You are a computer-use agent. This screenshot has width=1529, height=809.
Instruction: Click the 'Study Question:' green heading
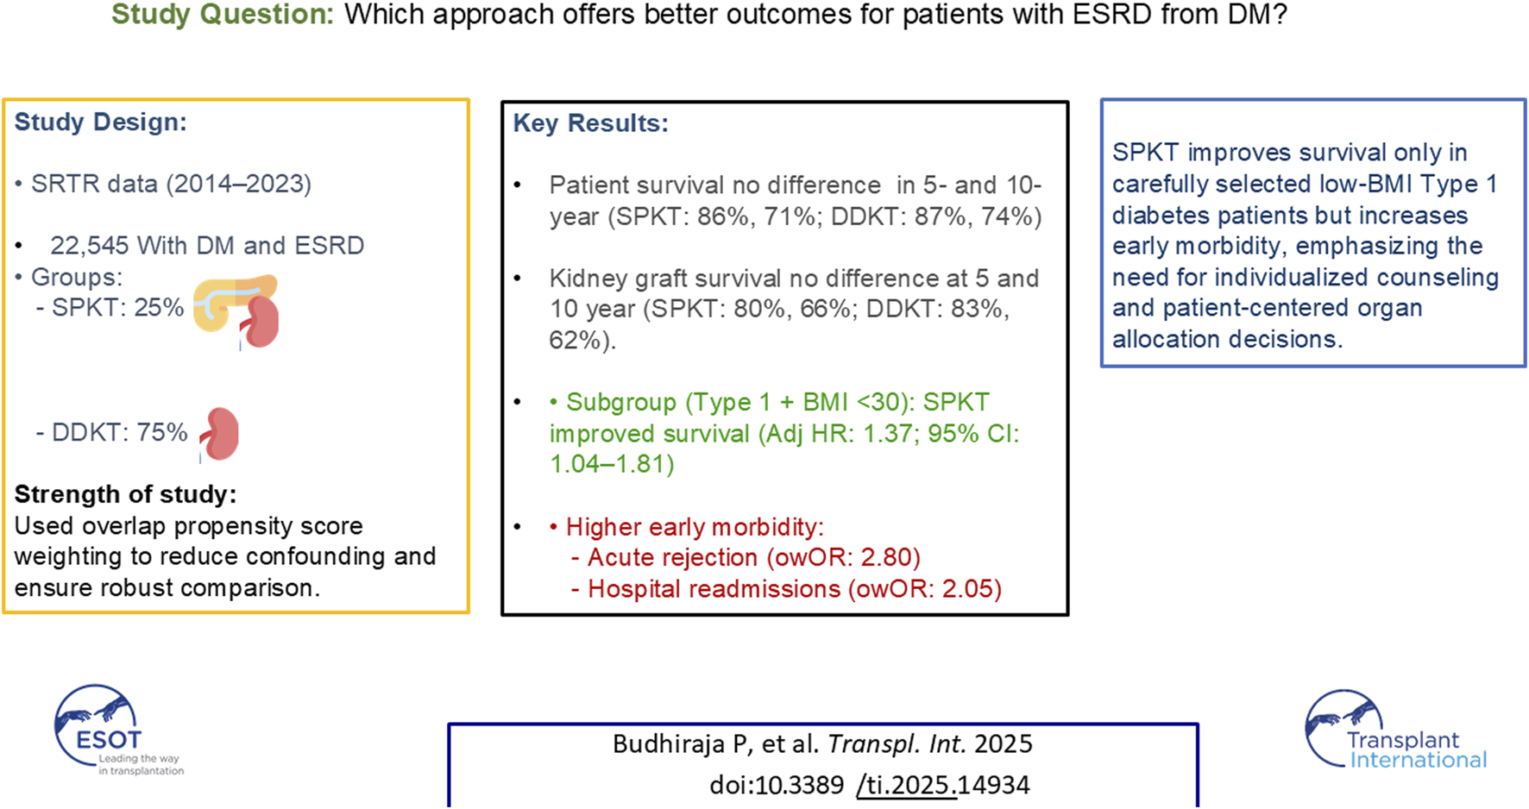click(222, 15)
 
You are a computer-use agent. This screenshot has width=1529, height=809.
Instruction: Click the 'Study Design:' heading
click(100, 122)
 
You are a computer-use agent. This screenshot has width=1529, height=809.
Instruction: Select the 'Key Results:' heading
click(590, 123)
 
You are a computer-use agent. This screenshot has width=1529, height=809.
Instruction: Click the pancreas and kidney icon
click(236, 311)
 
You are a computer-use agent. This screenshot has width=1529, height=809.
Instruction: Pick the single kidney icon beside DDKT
click(220, 434)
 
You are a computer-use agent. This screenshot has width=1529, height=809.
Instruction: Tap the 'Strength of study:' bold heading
click(125, 494)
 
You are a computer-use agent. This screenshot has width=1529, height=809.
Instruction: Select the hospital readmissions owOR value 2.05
click(970, 589)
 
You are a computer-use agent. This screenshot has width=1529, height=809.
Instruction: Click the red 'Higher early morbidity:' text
click(695, 527)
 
